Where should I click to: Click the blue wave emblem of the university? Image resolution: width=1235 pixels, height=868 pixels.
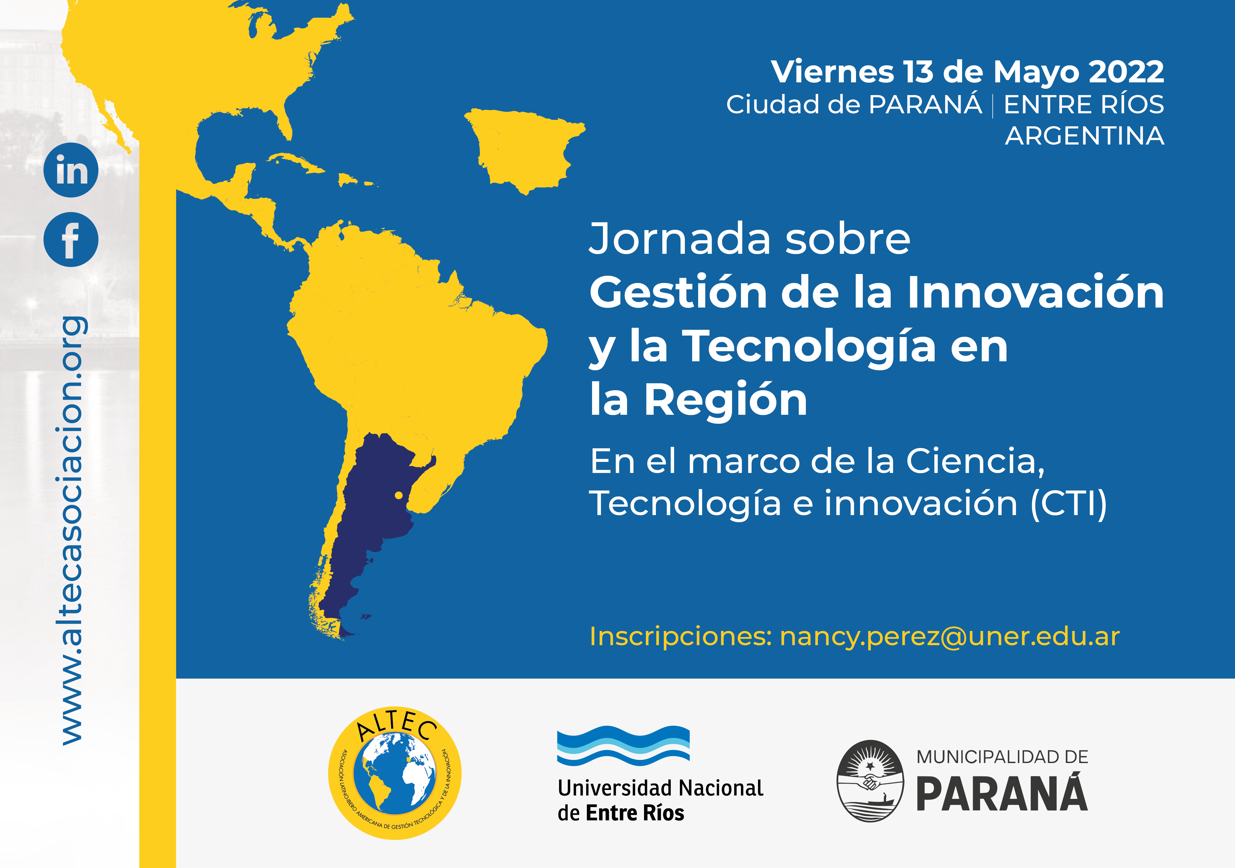coord(623,745)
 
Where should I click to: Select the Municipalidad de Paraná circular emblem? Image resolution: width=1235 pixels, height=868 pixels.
coord(870,781)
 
